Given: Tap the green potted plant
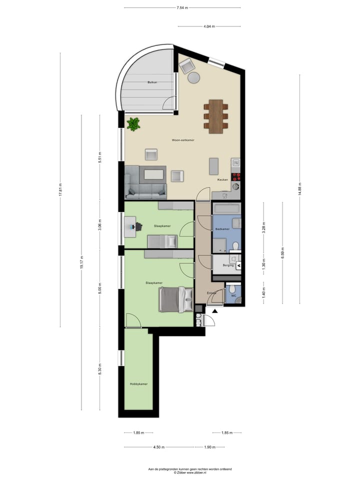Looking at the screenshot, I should tap(133, 124).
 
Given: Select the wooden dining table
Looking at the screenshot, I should tap(216, 116).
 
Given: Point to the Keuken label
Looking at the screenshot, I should tap(222, 179).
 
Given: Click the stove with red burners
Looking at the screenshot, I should tap(236, 176).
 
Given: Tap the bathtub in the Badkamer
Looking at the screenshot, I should tap(226, 208).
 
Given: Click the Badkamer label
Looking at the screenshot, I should tap(222, 229).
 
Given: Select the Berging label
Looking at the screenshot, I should tap(228, 265).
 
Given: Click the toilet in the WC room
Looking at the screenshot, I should tap(232, 289).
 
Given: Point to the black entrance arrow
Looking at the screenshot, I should tap(215, 311).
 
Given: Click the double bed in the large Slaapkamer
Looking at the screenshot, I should tap(175, 299).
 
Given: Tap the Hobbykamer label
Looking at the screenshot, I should tap(138, 384).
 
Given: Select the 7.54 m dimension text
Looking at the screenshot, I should tap(182, 7).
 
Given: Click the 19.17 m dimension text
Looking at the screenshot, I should tap(81, 263).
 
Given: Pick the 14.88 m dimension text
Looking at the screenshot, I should tap(299, 189).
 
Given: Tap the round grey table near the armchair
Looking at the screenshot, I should tap(193, 77).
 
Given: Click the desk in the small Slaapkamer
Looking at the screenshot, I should tap(130, 226).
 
